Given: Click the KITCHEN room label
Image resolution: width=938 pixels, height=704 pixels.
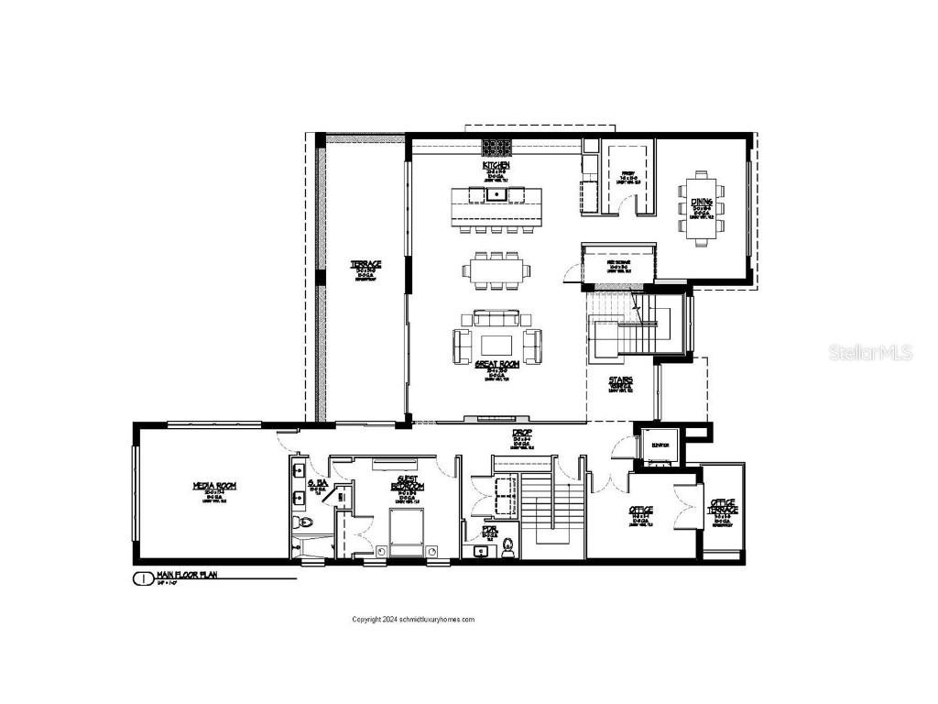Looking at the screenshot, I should coord(497,165).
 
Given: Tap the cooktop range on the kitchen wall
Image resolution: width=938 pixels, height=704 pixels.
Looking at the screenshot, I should coord(497,146).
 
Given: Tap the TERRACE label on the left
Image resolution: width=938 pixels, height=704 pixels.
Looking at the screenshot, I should coord(366,265).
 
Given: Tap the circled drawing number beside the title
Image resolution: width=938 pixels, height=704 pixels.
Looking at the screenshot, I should coord(143,578).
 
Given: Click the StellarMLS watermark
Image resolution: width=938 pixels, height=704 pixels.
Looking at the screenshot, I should coord(871,352).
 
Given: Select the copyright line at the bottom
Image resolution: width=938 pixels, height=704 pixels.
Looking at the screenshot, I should coord(414,620).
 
